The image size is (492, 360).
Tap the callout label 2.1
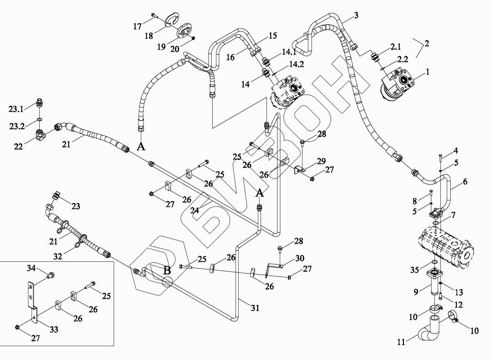(x=395, y=47)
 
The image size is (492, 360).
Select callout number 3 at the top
(x=356, y=15)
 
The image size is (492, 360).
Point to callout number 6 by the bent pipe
(x=465, y=181)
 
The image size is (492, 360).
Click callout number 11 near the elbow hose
(x=401, y=342)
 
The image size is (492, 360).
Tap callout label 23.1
(x=16, y=109)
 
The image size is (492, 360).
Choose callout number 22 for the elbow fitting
(x=18, y=147)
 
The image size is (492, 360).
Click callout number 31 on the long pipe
(x=255, y=308)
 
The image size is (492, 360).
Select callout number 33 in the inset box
(x=54, y=329)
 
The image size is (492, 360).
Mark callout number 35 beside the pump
(x=414, y=270)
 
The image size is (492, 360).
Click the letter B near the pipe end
(x=167, y=270)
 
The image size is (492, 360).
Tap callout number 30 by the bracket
(x=300, y=258)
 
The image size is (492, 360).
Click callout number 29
(x=321, y=161)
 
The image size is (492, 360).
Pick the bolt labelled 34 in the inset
(x=50, y=276)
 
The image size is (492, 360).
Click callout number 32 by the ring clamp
(x=58, y=256)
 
